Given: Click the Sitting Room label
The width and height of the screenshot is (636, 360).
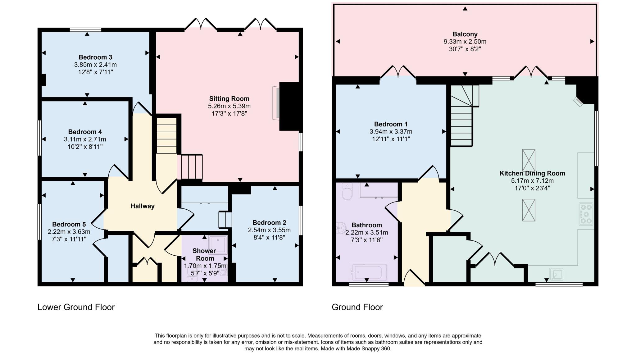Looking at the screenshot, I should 229,99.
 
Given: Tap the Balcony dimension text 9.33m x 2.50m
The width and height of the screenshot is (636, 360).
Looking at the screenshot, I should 465,42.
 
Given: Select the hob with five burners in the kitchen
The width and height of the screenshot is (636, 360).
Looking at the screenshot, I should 586,214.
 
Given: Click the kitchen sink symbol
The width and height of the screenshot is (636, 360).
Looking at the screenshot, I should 557,274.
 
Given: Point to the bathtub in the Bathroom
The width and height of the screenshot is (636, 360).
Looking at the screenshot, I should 369,272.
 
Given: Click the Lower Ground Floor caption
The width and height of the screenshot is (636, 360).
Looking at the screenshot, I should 76,307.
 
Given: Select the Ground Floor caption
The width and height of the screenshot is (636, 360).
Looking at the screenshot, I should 357,307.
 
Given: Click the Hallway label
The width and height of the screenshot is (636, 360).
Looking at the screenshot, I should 142,206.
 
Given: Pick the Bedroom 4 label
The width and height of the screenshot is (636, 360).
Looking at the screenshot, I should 85,132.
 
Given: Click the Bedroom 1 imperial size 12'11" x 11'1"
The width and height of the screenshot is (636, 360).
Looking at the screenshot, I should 391,139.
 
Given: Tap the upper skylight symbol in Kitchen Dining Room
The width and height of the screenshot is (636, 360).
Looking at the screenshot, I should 529,160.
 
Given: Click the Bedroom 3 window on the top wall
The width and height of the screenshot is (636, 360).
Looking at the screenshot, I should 85,30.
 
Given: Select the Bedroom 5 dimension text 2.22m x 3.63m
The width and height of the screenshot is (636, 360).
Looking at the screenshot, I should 69,232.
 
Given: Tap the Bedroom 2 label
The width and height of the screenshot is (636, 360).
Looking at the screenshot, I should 269,223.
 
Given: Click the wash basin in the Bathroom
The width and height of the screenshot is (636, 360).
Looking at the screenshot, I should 340,228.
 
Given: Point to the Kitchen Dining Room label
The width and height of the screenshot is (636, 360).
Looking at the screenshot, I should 532,173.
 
